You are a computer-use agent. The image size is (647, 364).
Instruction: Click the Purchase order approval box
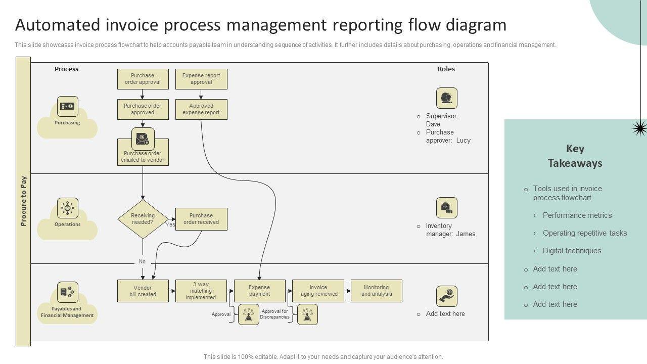[x=143, y=79]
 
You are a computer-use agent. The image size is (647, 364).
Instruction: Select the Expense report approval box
[x=201, y=79]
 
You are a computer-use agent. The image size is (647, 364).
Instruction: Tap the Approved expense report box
[x=201, y=109]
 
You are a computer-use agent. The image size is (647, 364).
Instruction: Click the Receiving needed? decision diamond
[x=143, y=219]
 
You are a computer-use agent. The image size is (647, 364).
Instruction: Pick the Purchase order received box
[x=201, y=219]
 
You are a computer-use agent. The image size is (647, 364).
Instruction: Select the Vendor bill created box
[x=143, y=291]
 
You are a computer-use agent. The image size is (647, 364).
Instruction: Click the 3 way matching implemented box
[x=201, y=291]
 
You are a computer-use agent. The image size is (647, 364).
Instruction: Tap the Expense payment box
[x=259, y=291]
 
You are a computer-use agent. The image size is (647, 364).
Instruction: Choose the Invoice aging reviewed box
[x=318, y=291]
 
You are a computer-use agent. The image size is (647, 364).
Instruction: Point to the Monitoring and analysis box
[x=376, y=291]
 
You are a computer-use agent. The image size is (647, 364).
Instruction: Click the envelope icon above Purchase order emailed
[x=143, y=139]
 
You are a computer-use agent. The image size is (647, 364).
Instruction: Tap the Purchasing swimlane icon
[x=67, y=106]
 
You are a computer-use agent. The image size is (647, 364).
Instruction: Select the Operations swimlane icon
[x=67, y=208]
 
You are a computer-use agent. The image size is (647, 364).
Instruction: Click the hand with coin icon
[x=446, y=296]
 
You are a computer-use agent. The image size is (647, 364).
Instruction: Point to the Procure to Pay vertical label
[x=23, y=201]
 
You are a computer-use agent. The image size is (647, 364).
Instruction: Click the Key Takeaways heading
[x=575, y=156]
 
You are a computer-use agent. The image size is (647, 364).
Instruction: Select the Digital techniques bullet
[x=572, y=251]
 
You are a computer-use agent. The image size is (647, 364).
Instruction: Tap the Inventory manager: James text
[x=450, y=230]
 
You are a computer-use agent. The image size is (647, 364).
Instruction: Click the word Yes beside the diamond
[x=170, y=225]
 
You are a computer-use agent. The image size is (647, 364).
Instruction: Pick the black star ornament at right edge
[x=639, y=128]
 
